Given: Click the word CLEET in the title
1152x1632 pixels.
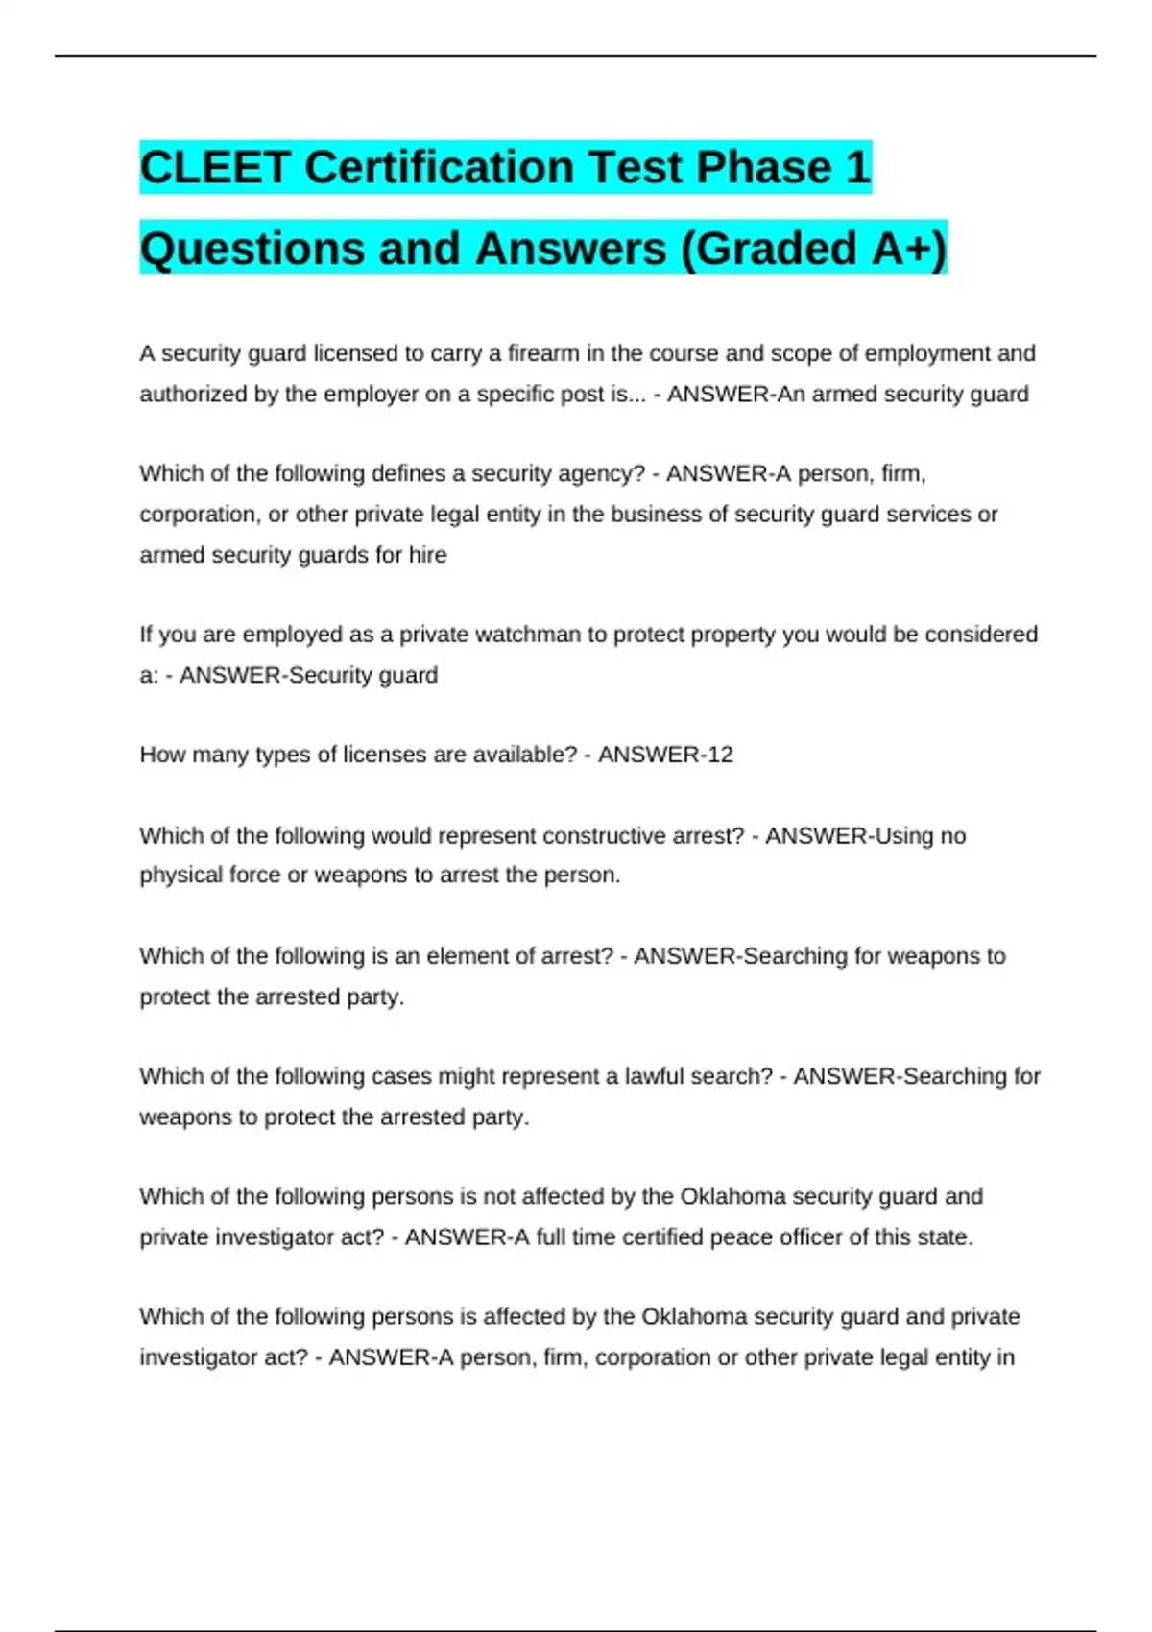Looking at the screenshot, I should click(214, 168).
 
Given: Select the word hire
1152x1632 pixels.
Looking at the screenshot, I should click(427, 555).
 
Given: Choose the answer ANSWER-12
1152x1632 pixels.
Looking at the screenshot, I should click(665, 755).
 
